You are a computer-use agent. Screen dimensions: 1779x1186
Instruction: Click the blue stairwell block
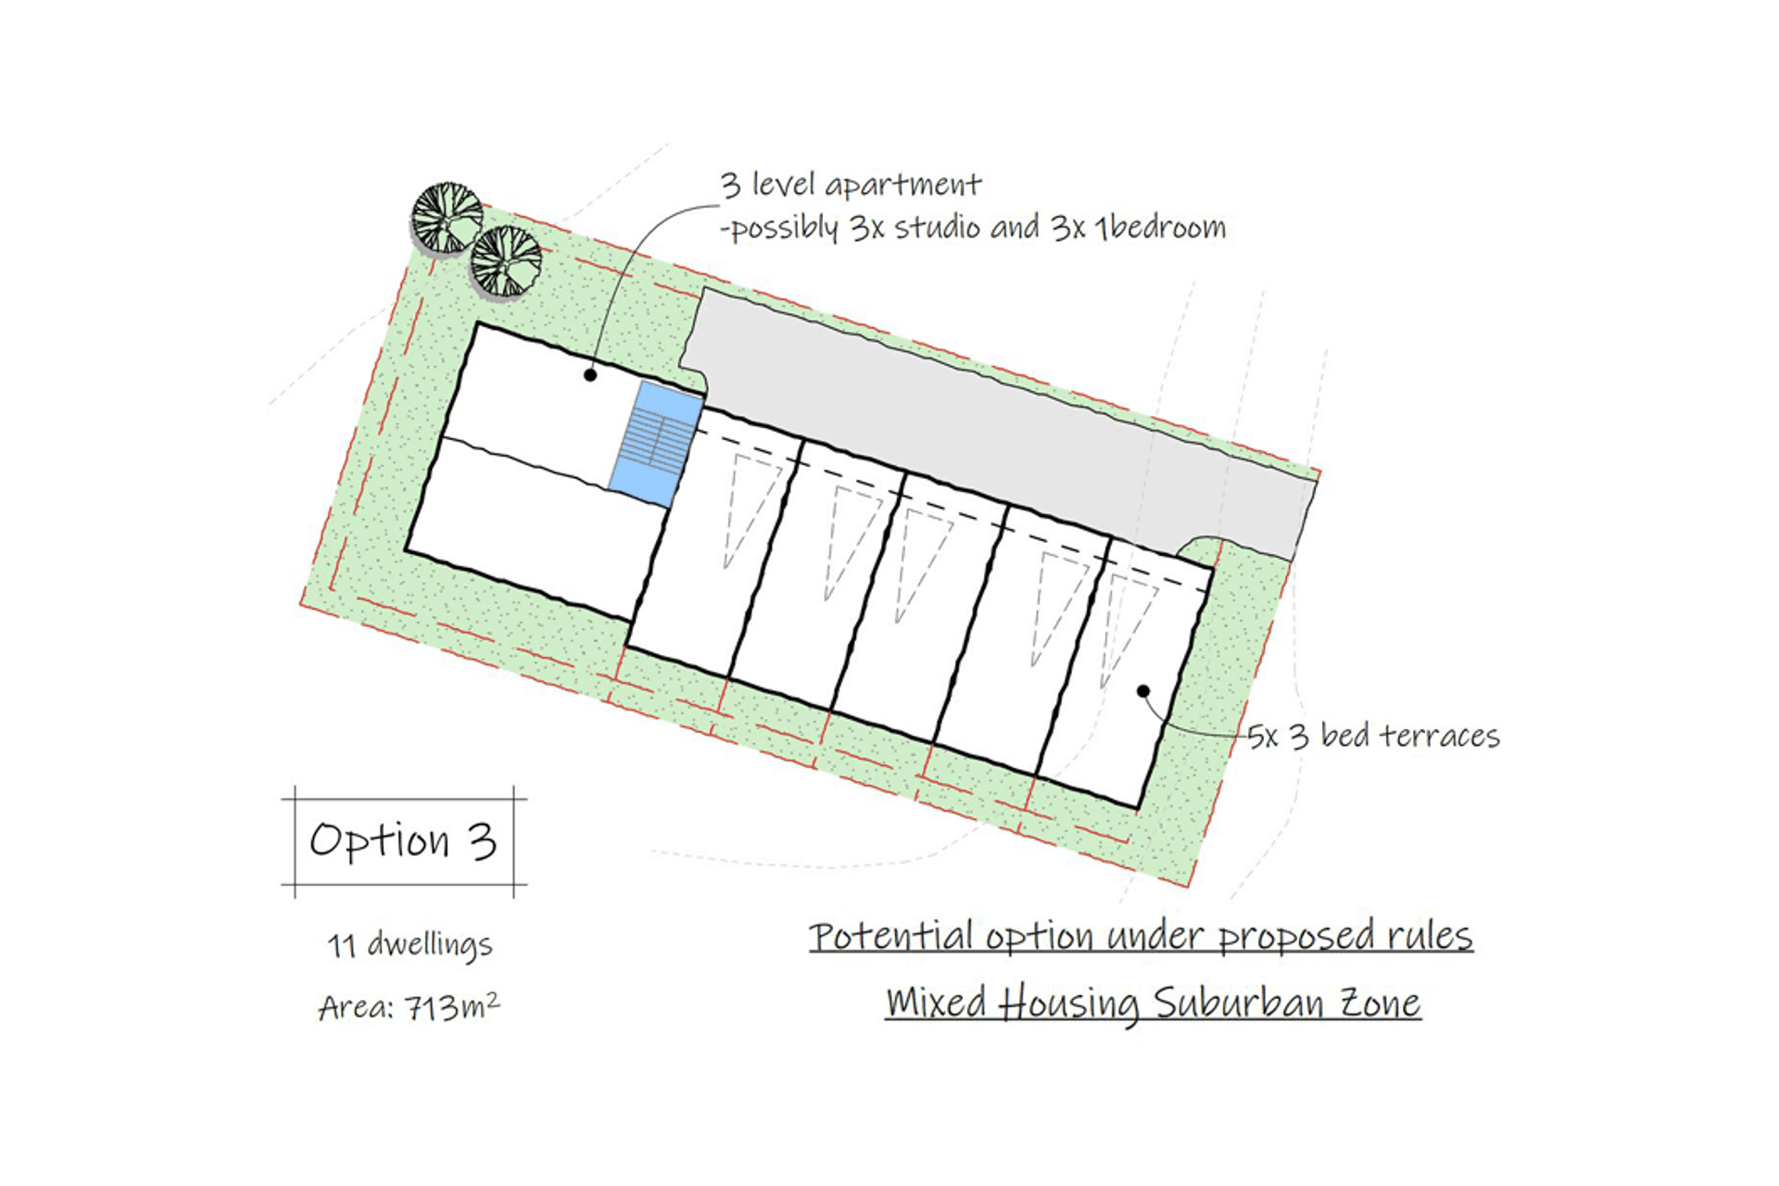click(656, 444)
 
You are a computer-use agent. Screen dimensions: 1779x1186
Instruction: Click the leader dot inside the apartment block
click(590, 375)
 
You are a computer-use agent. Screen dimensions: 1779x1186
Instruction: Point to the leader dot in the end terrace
click(1143, 691)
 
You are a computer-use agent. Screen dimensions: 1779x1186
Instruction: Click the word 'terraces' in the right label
click(1440, 736)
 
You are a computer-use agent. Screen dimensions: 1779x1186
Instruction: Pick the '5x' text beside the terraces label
click(1263, 737)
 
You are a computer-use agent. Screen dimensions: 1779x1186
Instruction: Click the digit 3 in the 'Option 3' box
click(482, 841)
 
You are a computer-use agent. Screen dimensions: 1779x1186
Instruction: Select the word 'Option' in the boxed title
click(380, 841)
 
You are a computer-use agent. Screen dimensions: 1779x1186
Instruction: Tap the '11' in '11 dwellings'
click(341, 946)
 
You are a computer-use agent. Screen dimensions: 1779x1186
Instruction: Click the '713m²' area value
click(453, 1006)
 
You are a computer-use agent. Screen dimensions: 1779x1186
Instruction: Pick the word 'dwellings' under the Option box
click(429, 946)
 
